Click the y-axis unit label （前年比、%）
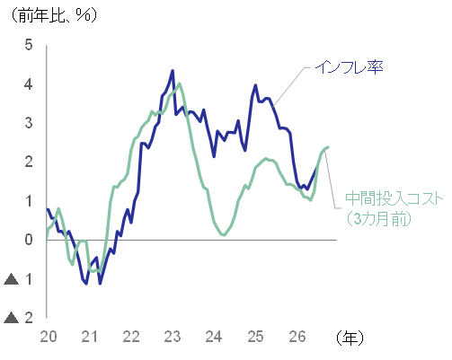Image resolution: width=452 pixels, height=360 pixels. point(55,15)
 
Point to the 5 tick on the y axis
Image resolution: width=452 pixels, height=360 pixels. point(29,45)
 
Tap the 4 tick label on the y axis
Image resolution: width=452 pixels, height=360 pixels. point(29,84)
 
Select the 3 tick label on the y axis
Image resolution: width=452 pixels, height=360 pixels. point(29,123)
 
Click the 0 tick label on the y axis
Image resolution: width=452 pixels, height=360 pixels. point(29,240)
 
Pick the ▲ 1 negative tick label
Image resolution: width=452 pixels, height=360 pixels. point(18,279)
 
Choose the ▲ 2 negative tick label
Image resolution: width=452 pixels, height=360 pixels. point(18,318)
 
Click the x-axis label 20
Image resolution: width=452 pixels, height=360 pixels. point(49,337)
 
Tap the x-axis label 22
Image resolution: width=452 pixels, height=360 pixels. point(131,337)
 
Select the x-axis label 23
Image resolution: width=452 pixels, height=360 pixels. point(173,337)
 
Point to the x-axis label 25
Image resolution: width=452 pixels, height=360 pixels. point(255,337)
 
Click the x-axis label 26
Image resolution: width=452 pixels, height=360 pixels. point(297,337)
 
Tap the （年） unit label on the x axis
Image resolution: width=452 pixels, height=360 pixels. point(350,338)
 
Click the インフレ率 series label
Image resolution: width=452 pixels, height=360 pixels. point(350,67)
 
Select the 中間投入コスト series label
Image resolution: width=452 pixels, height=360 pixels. point(394,198)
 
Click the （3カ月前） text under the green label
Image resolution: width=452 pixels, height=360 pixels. point(378,219)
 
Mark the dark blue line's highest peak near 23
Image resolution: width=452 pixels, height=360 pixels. point(173,71)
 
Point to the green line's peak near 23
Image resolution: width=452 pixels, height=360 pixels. point(180,83)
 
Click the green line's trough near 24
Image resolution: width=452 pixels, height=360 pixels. point(224,235)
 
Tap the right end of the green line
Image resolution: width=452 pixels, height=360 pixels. point(329,147)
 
